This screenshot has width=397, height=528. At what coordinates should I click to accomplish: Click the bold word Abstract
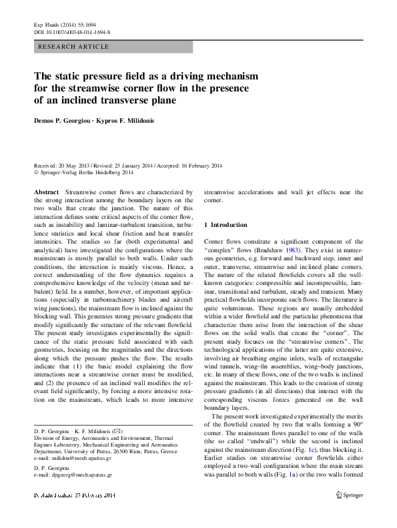click(x=46, y=192)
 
